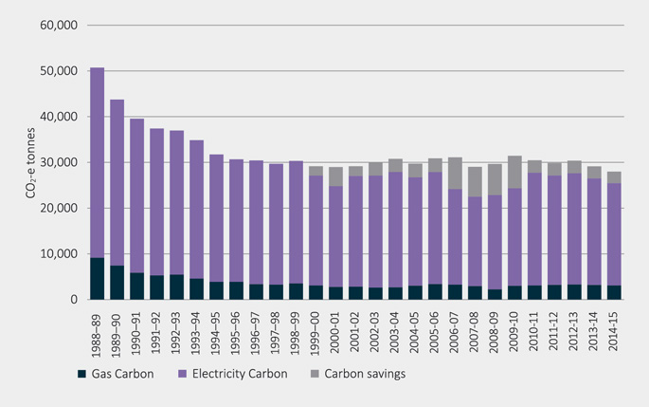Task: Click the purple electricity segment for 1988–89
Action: tap(97, 162)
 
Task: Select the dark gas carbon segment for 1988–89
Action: tap(97, 279)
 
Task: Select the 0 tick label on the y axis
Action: tap(70, 300)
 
